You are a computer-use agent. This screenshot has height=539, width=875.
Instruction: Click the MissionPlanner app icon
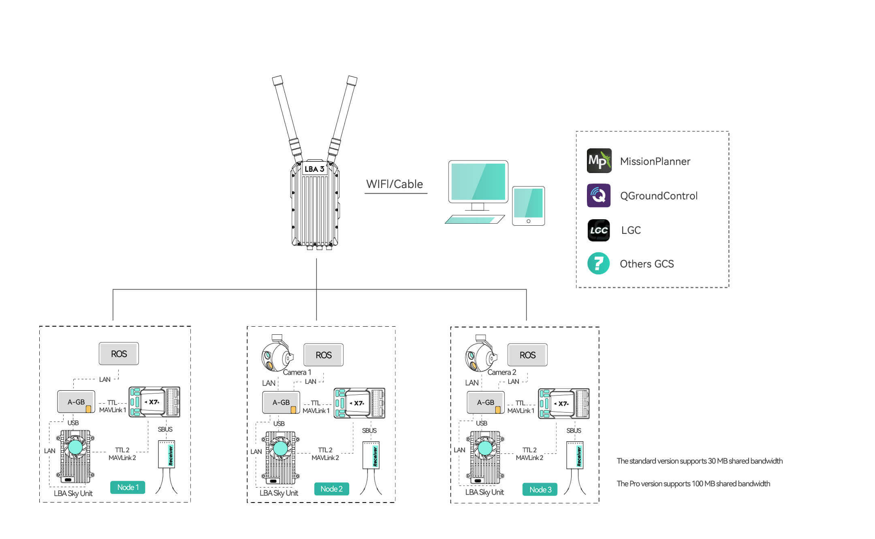(599, 161)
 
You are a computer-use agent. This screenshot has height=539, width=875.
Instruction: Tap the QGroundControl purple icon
(599, 195)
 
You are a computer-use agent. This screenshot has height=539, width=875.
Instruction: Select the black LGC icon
(599, 230)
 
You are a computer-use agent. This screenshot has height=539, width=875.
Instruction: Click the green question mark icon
(598, 263)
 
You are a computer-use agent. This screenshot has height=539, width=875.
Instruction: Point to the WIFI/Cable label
(394, 184)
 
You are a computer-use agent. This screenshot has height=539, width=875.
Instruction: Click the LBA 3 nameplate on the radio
(314, 169)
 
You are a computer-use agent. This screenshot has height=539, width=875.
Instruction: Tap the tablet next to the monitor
(528, 205)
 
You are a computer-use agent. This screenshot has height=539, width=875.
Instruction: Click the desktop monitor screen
(478, 181)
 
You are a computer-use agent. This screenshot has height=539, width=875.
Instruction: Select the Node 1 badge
(128, 487)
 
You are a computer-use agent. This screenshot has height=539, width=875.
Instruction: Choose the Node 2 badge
(331, 489)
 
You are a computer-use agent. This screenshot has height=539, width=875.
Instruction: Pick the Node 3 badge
(540, 490)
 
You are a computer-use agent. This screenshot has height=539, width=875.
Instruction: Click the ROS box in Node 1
(119, 354)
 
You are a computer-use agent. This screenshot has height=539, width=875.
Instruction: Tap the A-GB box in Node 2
(281, 402)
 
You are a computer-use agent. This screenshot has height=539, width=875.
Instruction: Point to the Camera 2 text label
(502, 372)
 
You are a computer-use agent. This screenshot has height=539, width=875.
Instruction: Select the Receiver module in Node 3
(575, 455)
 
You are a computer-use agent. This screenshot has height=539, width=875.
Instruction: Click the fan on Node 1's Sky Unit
(75, 447)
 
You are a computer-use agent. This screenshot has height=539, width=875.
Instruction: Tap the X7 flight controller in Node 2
(359, 403)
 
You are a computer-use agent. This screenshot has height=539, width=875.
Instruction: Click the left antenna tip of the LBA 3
(277, 80)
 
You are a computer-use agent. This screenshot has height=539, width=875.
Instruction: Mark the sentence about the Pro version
(693, 483)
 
